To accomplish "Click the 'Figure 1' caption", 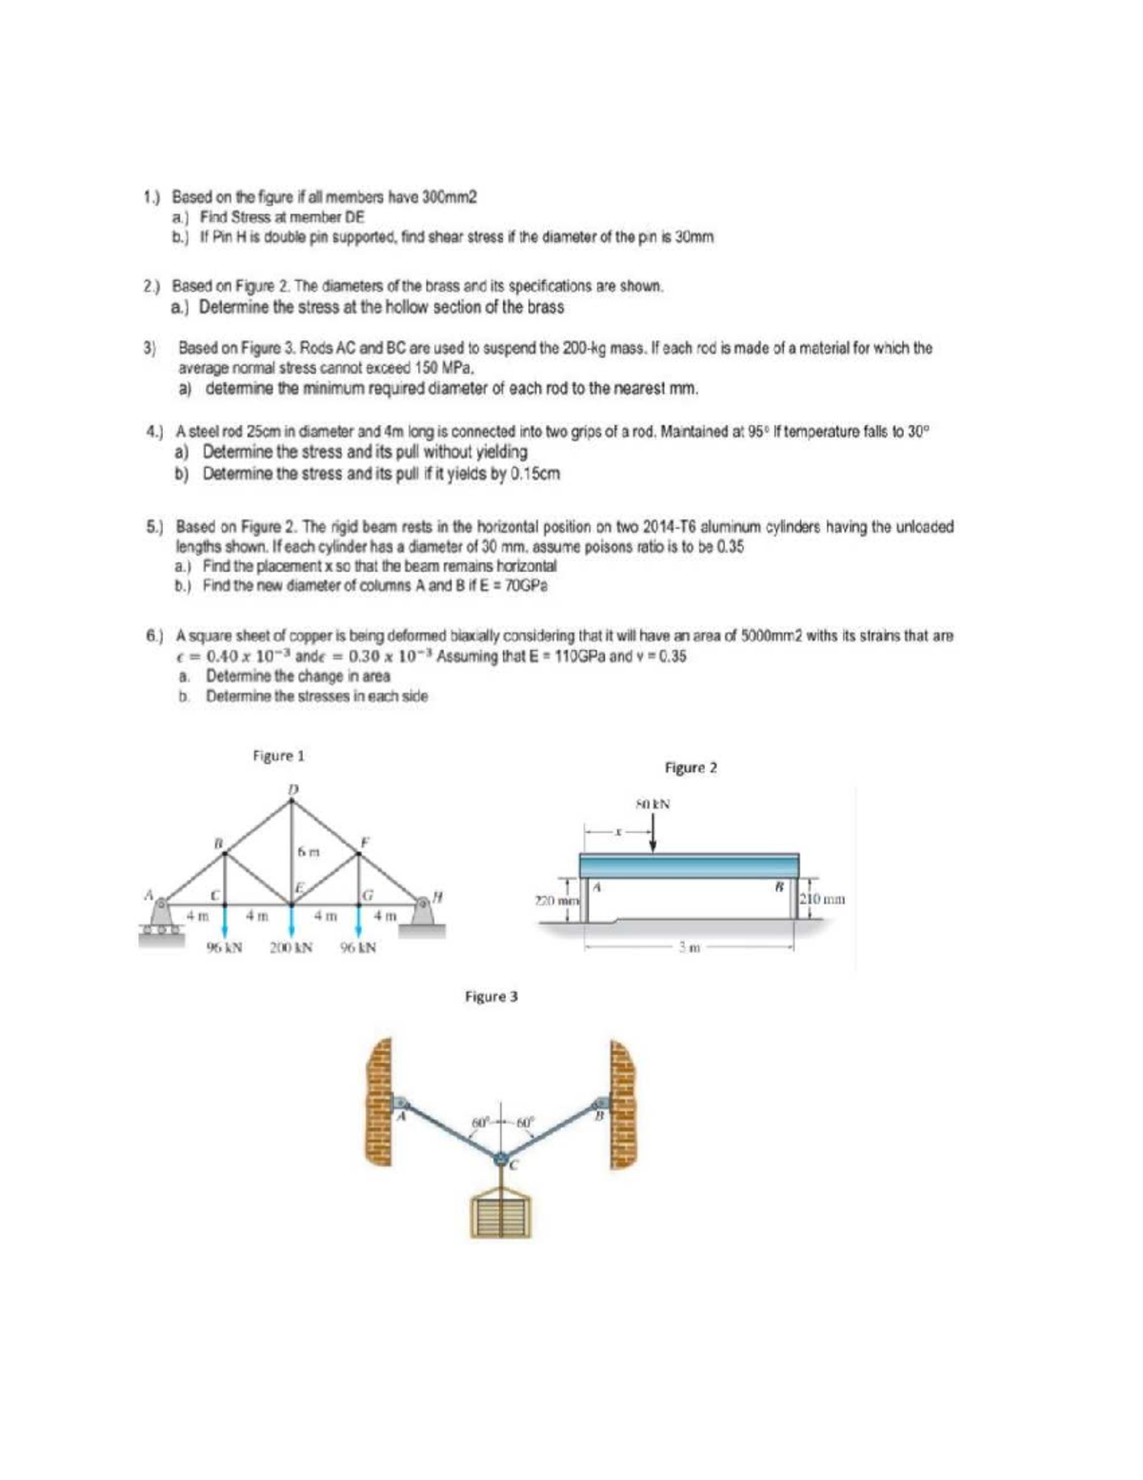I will [x=278, y=756].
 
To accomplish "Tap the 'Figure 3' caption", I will [x=491, y=997].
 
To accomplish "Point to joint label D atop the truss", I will [x=293, y=789].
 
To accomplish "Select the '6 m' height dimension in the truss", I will [x=306, y=850].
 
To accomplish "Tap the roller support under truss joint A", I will [x=163, y=919].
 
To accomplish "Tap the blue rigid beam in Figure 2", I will [x=690, y=865].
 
